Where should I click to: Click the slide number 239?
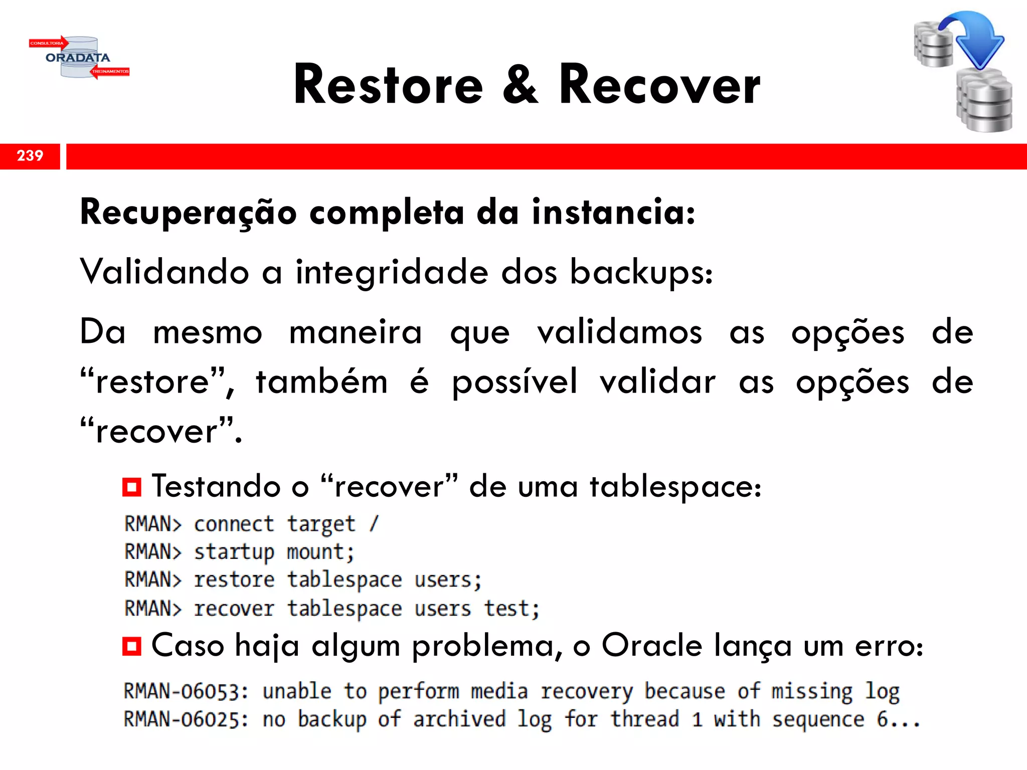coord(30,155)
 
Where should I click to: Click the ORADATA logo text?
coord(78,58)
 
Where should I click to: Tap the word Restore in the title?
coord(388,85)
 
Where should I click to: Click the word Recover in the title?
coord(659,85)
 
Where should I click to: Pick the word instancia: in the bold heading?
coord(613,212)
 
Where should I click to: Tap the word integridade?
coord(392,272)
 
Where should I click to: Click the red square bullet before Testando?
coord(132,487)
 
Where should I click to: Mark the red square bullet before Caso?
coord(132,646)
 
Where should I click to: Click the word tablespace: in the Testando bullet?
coord(675,487)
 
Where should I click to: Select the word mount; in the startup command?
coord(320,552)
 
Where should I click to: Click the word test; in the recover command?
coord(511,609)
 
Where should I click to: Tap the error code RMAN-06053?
coord(186,692)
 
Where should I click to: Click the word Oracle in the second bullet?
coord(651,646)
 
